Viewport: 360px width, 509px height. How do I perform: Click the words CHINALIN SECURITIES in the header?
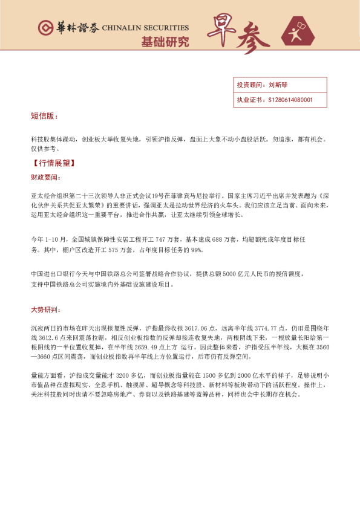click(145, 28)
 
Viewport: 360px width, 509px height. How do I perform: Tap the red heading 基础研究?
click(165, 42)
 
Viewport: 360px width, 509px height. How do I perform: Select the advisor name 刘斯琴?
click(279, 85)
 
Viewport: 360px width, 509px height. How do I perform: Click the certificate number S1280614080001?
click(289, 100)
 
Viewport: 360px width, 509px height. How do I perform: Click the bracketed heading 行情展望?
click(54, 163)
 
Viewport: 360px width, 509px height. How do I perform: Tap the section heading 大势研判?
click(46, 310)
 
